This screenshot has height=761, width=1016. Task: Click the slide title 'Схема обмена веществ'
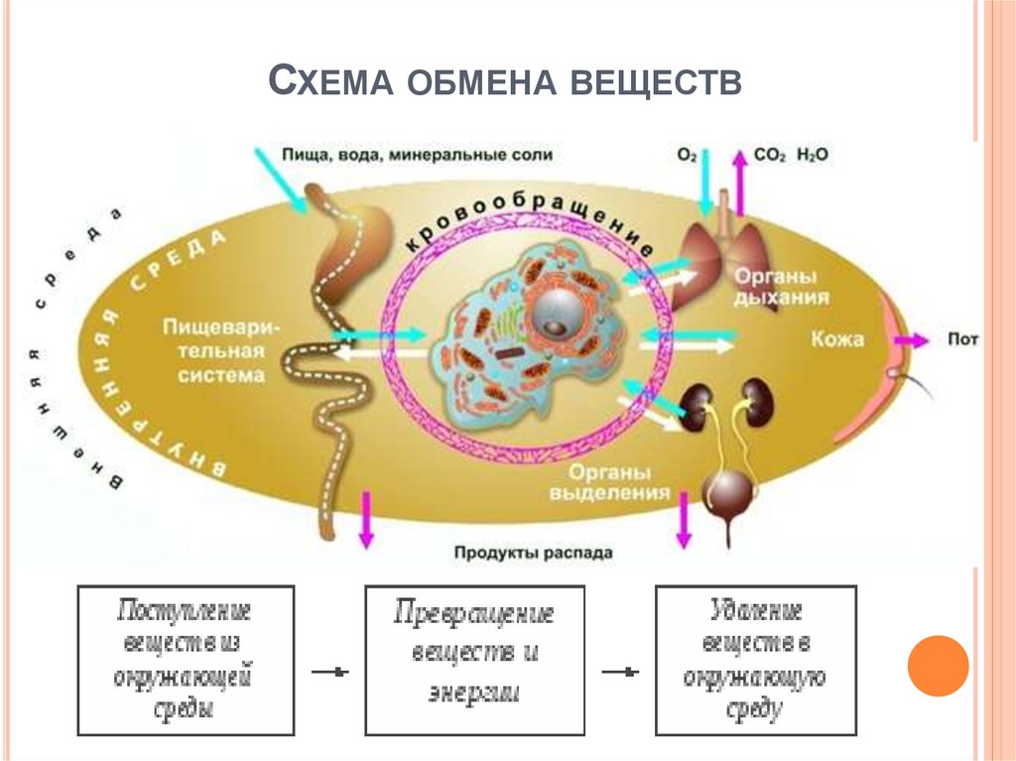tap(506, 81)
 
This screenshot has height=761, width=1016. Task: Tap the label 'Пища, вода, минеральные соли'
tap(417, 155)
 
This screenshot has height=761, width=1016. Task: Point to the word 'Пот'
tap(962, 339)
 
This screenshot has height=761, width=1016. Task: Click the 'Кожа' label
tap(835, 339)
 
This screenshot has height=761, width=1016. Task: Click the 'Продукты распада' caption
tap(534, 553)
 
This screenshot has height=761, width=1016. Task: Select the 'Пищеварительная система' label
tap(214, 350)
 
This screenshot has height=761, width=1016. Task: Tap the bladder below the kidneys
tap(727, 493)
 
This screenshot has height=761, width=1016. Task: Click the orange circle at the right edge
tap(938, 665)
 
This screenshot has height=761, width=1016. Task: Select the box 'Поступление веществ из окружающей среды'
tap(186, 660)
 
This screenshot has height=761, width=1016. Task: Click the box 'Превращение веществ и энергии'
tap(474, 660)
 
